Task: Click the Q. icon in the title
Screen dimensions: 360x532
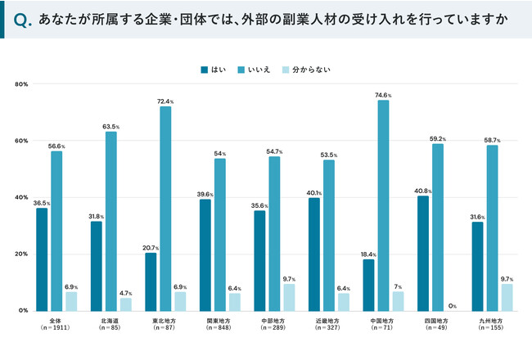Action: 25,19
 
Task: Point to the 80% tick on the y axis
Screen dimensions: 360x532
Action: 22,84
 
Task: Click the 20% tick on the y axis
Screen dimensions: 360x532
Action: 22,254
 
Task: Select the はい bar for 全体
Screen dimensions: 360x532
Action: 42,259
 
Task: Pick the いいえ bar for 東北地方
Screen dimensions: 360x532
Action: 165,209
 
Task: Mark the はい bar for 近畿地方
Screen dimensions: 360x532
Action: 314,254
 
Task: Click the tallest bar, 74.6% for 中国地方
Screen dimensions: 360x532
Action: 383,205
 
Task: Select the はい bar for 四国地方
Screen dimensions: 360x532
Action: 423,254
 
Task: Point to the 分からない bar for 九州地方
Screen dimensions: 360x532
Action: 507,297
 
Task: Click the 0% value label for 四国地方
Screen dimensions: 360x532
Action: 452,306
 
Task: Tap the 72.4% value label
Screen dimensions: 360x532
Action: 165,101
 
